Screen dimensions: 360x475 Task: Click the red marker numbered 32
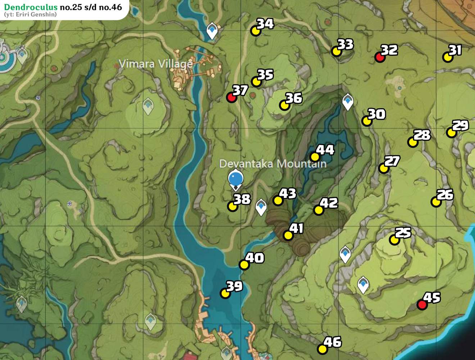(x=380, y=57)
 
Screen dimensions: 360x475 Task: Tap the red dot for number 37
(x=231, y=97)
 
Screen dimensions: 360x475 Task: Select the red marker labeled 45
(x=422, y=305)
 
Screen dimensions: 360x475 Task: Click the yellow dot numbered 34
(x=255, y=31)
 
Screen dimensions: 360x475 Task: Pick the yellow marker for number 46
(x=322, y=349)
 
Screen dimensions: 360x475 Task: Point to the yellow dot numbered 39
(x=225, y=293)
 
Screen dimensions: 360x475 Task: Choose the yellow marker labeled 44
(x=315, y=157)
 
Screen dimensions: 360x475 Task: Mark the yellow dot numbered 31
(x=447, y=57)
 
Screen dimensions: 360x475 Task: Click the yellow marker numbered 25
(x=394, y=240)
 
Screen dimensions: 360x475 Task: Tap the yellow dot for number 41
(x=288, y=235)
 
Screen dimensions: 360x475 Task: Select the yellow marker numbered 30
(x=367, y=121)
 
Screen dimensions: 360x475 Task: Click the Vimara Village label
(x=155, y=64)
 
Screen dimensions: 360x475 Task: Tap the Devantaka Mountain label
(x=273, y=164)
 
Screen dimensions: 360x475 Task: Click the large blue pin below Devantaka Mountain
(x=236, y=178)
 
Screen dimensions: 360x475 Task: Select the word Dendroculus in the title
(x=31, y=7)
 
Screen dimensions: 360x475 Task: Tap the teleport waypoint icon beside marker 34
(x=212, y=30)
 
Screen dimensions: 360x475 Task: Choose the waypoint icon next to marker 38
(x=261, y=207)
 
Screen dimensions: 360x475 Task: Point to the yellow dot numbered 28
(x=413, y=142)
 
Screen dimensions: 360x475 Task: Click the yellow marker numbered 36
(x=284, y=105)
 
